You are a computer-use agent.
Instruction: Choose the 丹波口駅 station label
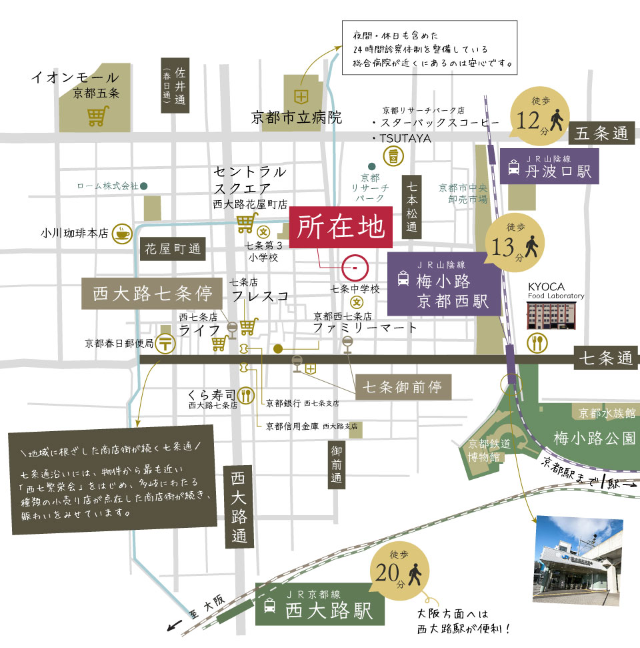point(550,166)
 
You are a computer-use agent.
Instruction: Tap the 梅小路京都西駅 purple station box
point(443,284)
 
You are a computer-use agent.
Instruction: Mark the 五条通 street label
point(601,133)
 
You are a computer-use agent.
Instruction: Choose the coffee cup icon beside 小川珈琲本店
point(122,234)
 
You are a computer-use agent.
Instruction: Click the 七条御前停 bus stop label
point(403,386)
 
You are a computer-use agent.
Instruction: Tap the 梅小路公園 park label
point(594,438)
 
